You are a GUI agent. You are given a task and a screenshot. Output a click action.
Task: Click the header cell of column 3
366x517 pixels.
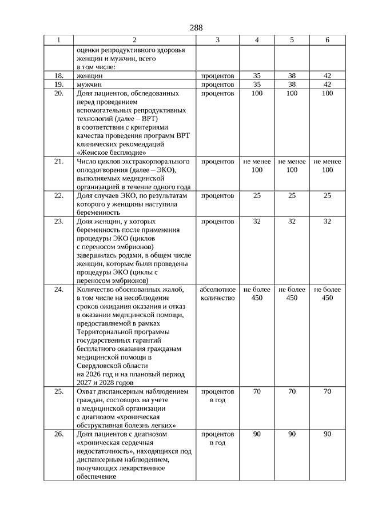[217, 40]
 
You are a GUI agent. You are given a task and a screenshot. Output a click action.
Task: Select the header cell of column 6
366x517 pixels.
[327, 40]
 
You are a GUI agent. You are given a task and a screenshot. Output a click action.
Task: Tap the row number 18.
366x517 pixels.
[58, 75]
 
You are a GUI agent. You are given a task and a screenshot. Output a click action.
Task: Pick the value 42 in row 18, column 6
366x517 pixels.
[327, 75]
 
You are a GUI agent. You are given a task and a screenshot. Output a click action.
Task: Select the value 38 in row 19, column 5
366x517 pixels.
[292, 84]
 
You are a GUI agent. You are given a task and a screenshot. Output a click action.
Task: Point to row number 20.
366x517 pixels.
[58, 93]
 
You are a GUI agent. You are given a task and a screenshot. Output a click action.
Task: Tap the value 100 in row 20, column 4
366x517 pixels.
[257, 93]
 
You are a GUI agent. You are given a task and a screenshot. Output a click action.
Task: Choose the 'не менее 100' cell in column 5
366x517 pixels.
[292, 166]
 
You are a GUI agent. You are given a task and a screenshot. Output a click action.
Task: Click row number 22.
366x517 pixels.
[58, 196]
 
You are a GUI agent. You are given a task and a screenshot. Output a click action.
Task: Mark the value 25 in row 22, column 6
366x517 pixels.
[327, 196]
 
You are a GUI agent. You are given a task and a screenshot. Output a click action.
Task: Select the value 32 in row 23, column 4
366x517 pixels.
[257, 221]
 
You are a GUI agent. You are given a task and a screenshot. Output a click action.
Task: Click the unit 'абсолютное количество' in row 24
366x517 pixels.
[217, 294]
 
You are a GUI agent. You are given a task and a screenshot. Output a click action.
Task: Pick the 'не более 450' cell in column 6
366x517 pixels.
[327, 294]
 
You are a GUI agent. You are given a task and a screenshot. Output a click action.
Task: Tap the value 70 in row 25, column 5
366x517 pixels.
[292, 392]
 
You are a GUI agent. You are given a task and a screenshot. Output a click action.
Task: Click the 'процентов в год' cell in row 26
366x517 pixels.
[217, 438]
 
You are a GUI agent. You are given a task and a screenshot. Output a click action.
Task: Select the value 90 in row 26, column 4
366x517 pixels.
[257, 434]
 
